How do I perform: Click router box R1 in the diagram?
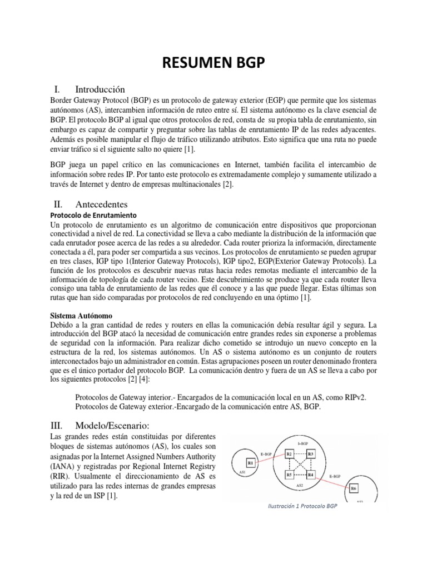pyautogui.click(x=251, y=462)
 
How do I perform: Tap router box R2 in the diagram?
pyautogui.click(x=289, y=454)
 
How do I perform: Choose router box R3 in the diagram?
pyautogui.click(x=311, y=454)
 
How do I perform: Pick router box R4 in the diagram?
pyautogui.click(x=311, y=475)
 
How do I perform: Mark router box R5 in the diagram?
pyautogui.click(x=289, y=475)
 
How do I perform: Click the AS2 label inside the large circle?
pyautogui.click(x=299, y=486)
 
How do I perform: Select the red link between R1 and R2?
pyautogui.click(x=270, y=458)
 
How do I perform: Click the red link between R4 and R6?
pyautogui.click(x=332, y=482)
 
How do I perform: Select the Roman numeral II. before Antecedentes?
pyautogui.click(x=57, y=204)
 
